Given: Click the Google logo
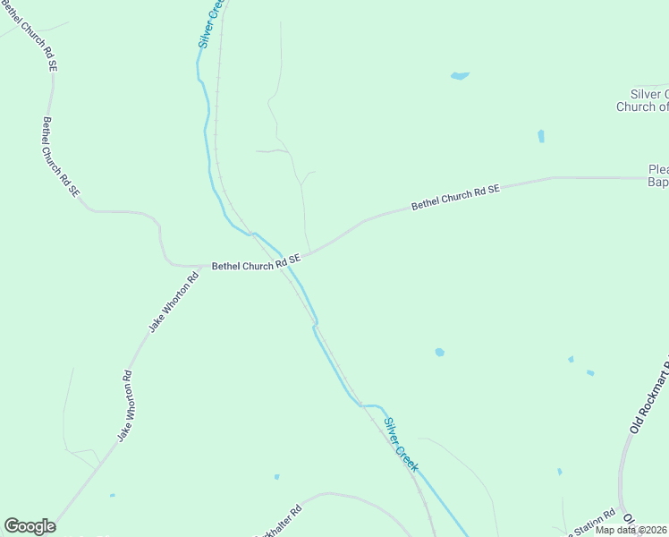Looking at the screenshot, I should (30, 526).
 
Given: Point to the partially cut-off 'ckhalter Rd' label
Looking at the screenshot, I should (279, 520).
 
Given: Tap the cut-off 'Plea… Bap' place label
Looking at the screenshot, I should (658, 175).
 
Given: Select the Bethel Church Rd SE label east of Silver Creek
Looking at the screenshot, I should (455, 198).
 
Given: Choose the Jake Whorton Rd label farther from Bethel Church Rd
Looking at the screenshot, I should (125, 405).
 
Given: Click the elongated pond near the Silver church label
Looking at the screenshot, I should (541, 136).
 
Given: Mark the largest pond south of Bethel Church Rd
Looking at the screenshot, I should (439, 353).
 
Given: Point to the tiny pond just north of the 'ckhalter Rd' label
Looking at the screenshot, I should (277, 476).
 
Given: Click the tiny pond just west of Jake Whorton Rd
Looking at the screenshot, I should (112, 495).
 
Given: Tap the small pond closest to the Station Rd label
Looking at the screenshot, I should (560, 472).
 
